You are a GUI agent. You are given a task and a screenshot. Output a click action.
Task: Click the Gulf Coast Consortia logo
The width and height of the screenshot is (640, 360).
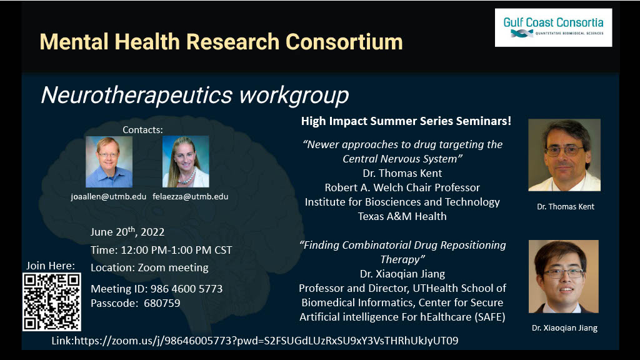553,27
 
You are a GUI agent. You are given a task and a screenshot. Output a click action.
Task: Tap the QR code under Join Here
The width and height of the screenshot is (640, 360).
52,302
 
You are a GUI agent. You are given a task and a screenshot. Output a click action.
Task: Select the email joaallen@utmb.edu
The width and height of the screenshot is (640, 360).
109,196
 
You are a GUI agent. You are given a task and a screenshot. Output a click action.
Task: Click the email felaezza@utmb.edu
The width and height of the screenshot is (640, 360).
190,196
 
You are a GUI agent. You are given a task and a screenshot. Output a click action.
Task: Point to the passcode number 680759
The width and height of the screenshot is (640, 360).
162,303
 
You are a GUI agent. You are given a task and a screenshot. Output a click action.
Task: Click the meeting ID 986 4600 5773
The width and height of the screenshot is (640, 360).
186,289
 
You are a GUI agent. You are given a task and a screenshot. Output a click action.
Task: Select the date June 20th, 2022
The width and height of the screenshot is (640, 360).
127,231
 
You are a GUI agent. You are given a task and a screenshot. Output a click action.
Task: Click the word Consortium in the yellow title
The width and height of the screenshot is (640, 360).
344,42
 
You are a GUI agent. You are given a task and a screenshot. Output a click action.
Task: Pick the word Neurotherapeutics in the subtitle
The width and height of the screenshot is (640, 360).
137,95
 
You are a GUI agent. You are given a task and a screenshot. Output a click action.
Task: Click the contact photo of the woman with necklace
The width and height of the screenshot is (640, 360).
186,162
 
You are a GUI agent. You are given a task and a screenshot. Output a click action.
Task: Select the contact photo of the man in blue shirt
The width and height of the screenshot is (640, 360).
109,162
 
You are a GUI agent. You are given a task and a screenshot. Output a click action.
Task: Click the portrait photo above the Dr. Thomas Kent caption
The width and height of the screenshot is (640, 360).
564,155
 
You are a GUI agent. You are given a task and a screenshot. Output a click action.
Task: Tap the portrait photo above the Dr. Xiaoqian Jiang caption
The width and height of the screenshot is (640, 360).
564,276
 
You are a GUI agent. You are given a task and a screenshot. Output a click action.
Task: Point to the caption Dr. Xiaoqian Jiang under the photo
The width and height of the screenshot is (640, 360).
564,327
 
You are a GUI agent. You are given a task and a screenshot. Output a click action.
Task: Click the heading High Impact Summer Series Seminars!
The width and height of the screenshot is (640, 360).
406,121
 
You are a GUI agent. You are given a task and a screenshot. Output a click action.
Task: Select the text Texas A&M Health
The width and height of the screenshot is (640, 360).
402,216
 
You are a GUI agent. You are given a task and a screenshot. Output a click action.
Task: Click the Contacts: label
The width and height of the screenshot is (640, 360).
143,130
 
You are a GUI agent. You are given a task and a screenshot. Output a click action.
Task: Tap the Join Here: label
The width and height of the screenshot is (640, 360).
51,266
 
